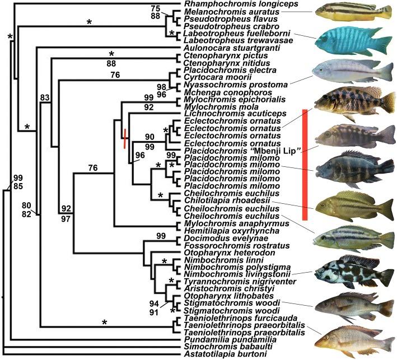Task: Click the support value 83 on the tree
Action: point(45,97)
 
